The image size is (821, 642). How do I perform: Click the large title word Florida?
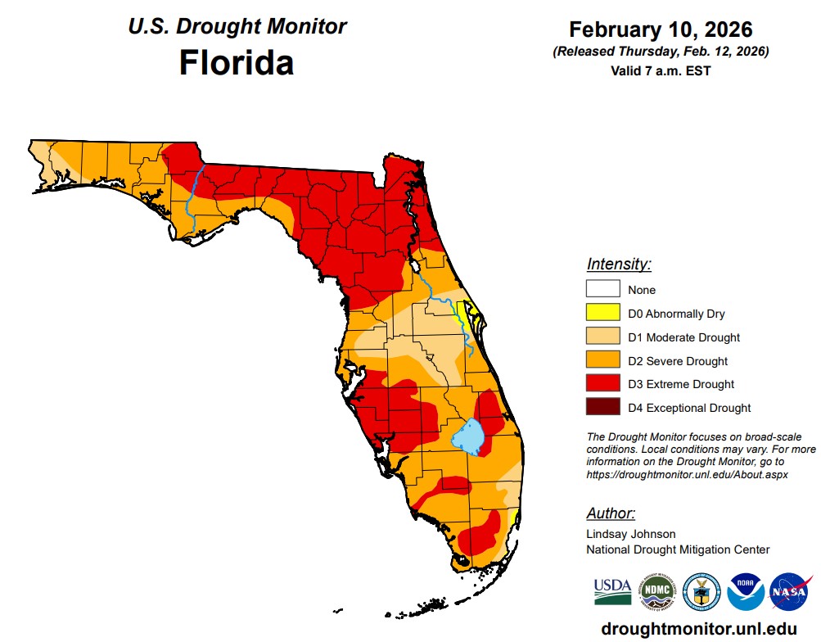point(237,62)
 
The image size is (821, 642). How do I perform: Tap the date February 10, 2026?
point(661,30)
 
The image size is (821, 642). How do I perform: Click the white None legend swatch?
point(602,289)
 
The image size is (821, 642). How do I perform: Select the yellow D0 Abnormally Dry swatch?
point(602,313)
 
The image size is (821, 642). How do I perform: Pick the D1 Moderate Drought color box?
point(602,337)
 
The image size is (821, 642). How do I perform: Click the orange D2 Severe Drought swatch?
point(602,360)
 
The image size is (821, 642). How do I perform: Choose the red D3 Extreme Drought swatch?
point(602,383)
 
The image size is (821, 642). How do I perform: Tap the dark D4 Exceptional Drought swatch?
point(602,407)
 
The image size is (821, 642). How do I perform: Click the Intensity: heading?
point(619,264)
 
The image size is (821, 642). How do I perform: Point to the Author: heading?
point(611,513)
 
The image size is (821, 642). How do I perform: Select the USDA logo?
point(612,590)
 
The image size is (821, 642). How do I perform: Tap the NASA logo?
point(790,591)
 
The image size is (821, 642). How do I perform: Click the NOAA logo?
point(746,591)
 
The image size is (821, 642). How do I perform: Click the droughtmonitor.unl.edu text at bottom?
point(698,628)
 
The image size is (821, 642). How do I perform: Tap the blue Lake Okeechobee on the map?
point(470,436)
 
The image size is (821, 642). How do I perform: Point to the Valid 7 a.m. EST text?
point(661,70)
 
